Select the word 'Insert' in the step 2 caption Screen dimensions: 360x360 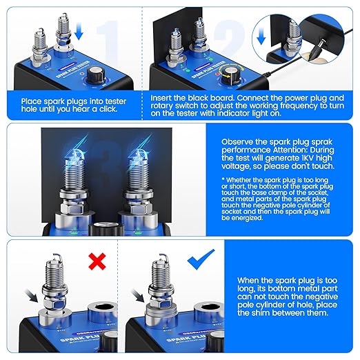click(x=163, y=99)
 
